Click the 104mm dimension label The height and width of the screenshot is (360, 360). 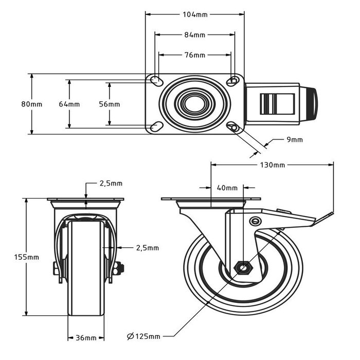click(195, 15)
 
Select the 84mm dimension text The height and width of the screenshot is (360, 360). click(195, 35)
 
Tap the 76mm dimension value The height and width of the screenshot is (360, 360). click(195, 55)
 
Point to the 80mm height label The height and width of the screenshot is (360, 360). click(32, 104)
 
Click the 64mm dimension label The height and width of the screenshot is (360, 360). click(69, 104)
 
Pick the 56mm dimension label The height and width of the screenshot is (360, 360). click(109, 104)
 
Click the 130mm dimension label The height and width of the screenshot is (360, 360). click(272, 165)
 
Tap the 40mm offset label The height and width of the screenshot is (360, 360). click(227, 188)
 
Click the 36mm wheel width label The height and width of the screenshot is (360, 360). click(86, 338)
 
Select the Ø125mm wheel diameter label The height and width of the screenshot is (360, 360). click(143, 336)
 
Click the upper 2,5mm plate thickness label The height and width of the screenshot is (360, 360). click(111, 184)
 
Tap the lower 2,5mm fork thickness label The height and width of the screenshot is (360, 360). click(147, 247)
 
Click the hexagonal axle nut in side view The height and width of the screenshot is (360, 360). click(242, 267)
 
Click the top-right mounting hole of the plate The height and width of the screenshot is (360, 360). click(233, 81)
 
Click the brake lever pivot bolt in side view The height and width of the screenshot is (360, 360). click(254, 221)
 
